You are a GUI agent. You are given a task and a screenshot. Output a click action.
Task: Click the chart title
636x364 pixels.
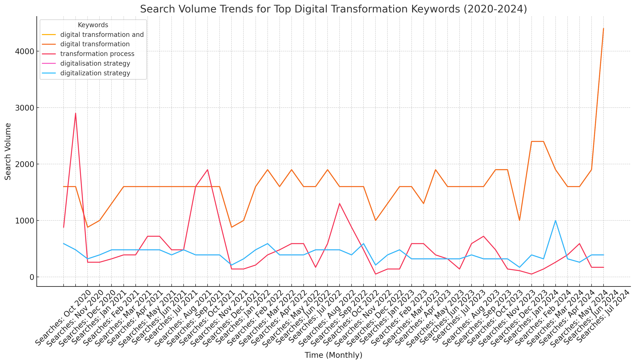333,9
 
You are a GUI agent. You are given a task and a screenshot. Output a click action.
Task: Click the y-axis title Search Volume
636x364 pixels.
8,152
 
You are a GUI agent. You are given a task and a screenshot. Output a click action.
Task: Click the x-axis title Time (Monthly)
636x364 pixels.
333,355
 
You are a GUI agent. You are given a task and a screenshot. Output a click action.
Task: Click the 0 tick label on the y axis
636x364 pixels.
32,277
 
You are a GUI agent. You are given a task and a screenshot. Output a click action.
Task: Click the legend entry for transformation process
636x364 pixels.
97,54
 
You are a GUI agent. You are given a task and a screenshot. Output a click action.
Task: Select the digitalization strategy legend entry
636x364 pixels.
95,73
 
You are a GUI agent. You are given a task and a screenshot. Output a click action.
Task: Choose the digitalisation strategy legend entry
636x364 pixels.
95,64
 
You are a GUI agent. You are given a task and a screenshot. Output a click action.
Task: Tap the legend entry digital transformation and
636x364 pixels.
102,35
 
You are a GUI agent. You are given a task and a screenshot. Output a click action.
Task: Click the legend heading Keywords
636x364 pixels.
93,25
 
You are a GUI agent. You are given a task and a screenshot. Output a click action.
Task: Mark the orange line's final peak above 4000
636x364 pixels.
603,29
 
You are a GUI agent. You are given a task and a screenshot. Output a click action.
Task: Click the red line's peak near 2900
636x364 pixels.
76,113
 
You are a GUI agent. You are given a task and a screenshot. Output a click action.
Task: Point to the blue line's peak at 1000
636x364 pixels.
555,220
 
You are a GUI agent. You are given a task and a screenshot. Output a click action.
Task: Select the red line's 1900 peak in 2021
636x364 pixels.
207,170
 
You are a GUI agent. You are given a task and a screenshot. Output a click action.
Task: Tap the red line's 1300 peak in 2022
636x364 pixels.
339,203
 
